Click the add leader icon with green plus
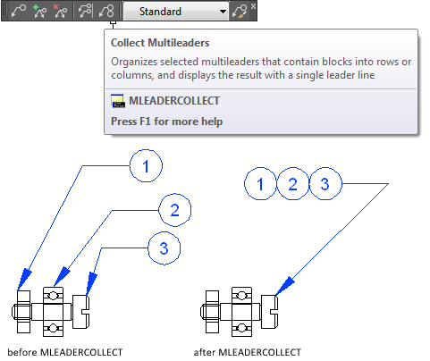[x=39, y=11]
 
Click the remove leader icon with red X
[x=60, y=11]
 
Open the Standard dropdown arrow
[x=223, y=12]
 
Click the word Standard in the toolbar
[x=160, y=12]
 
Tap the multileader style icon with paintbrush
[x=240, y=12]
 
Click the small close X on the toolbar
[x=253, y=6]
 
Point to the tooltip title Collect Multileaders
[x=160, y=43]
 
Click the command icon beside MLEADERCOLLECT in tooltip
[x=118, y=101]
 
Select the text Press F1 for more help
[x=166, y=122]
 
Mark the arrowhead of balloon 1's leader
[x=24, y=279]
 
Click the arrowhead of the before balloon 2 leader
[x=62, y=277]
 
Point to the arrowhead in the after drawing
[x=284, y=286]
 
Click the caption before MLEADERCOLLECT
[x=65, y=352]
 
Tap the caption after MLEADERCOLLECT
[x=248, y=352]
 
